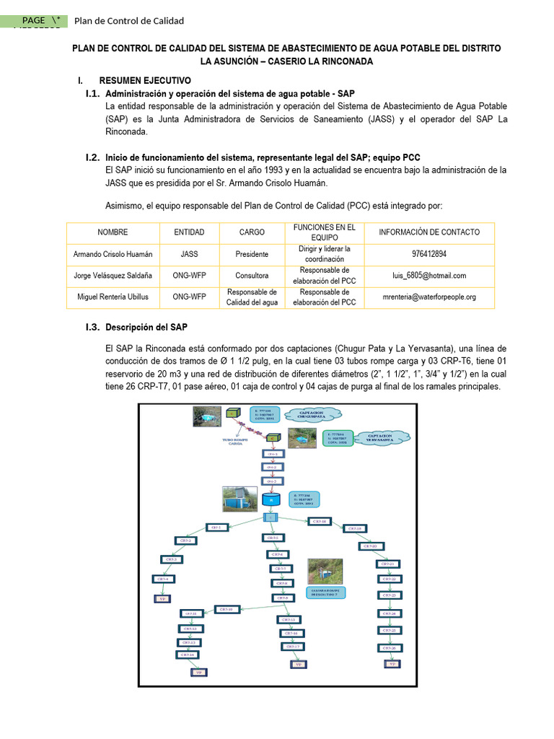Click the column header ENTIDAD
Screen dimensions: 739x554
(189, 232)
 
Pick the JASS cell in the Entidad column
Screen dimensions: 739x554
(189, 254)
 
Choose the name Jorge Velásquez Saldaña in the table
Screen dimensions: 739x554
(113, 275)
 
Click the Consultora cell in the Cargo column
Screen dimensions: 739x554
(252, 275)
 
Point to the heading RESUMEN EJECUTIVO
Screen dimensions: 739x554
(144, 81)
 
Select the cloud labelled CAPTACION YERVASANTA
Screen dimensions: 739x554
(381, 438)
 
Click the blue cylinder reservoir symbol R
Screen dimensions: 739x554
(271, 498)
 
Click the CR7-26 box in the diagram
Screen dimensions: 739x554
(388, 647)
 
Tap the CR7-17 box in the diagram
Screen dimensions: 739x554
(292, 647)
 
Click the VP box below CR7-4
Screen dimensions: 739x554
(162, 598)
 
